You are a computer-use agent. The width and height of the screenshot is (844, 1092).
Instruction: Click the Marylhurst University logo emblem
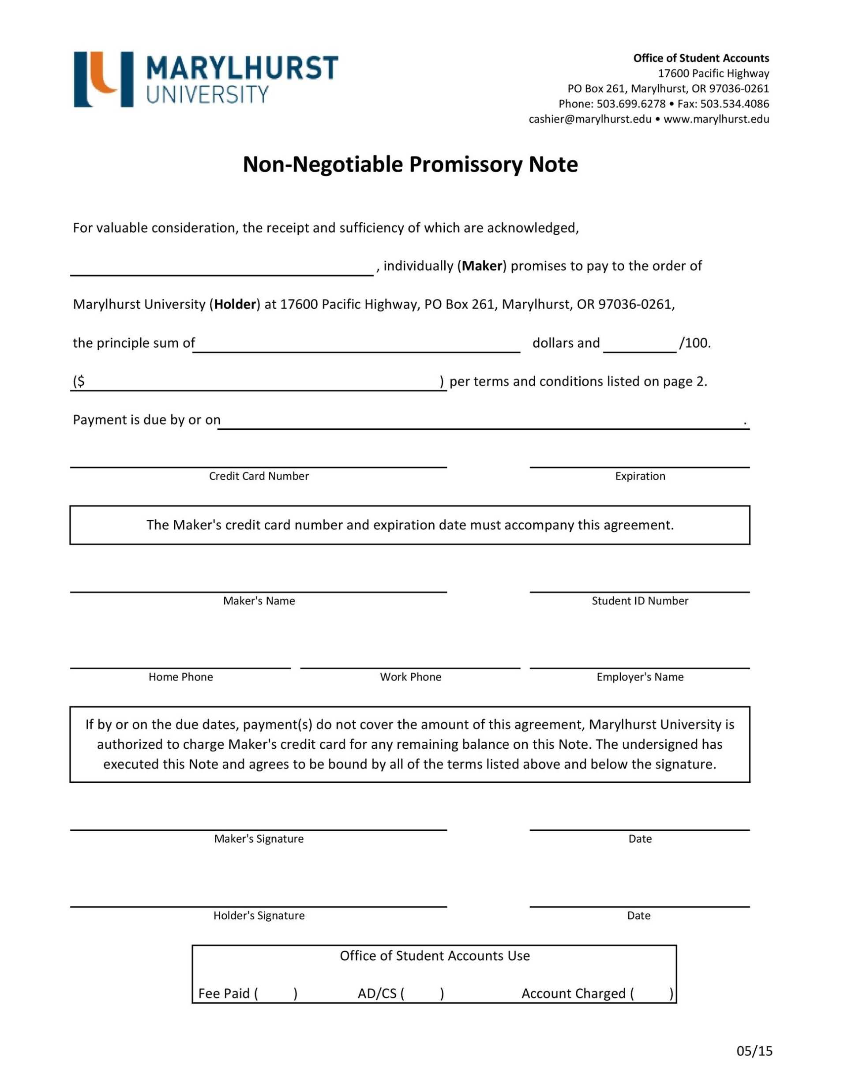pos(104,79)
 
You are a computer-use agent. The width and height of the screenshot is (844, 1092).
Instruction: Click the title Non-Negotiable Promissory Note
pos(410,165)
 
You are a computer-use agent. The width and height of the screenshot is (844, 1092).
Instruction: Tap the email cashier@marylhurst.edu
pos(590,119)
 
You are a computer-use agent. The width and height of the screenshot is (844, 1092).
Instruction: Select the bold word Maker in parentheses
pos(481,266)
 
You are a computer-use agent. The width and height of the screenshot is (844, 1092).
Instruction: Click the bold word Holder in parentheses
pos(235,304)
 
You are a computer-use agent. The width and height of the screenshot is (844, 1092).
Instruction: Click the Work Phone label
pos(410,677)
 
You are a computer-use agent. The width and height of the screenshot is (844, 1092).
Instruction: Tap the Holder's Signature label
pos(259,916)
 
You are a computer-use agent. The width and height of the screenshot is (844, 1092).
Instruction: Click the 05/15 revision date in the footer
pos(754,1051)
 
